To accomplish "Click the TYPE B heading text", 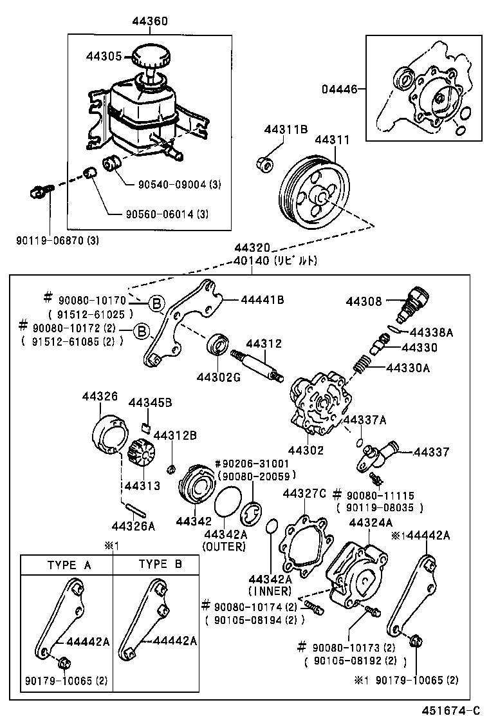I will [160, 565].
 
